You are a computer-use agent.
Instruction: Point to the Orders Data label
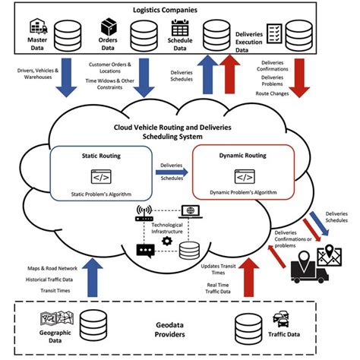pyautogui.click(x=107, y=46)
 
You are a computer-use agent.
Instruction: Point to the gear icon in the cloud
pyautogui.click(x=166, y=240)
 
